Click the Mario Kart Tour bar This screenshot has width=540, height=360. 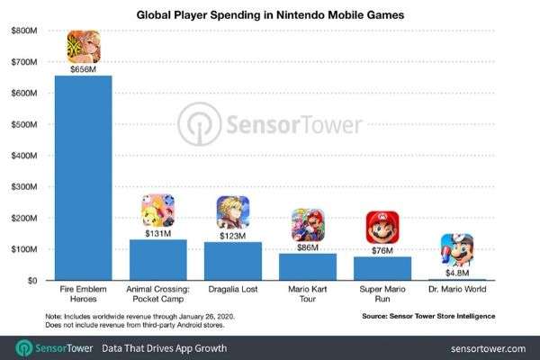tap(308, 266)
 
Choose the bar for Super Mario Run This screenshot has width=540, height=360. tap(382, 268)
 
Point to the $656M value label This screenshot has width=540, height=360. tap(84, 67)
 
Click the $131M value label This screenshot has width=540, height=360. tap(158, 231)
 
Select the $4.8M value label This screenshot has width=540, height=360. tap(457, 270)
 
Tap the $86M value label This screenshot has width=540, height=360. tap(308, 246)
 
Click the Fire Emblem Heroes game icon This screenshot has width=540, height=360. tap(84, 44)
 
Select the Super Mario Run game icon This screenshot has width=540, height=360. tap(382, 226)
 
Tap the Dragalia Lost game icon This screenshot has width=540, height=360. tap(233, 211)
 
